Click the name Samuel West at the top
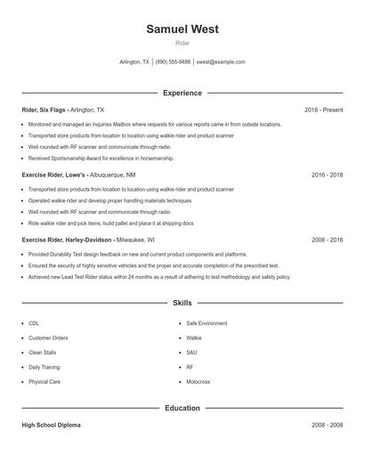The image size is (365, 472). click(182, 29)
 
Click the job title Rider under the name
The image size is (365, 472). click(182, 43)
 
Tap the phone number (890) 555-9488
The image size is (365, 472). click(173, 62)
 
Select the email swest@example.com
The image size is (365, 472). click(221, 62)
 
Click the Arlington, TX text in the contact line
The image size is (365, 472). click(134, 62)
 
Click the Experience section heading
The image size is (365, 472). click(182, 93)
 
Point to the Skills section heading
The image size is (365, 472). click(182, 304)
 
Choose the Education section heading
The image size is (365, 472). click(182, 408)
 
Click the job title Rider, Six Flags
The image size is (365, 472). click(45, 110)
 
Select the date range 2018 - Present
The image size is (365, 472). click(323, 110)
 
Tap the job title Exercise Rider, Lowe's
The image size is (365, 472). click(54, 175)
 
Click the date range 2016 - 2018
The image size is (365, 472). click(327, 175)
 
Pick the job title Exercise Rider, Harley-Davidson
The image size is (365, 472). click(67, 240)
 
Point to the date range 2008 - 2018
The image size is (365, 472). click(327, 240)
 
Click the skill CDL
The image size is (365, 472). click(34, 323)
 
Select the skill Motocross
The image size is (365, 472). click(198, 381)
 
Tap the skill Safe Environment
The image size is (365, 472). click(207, 323)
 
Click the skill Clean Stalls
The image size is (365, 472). click(42, 352)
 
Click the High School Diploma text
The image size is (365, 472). click(51, 425)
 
